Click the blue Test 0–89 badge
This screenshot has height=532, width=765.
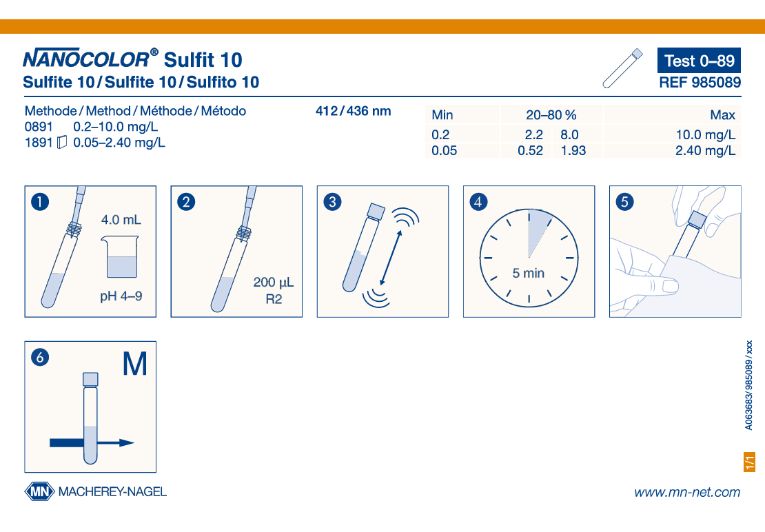pos(699,61)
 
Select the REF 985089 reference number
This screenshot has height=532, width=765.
pos(700,83)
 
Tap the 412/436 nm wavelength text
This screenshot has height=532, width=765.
pos(354,111)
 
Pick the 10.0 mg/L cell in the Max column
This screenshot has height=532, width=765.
pos(705,134)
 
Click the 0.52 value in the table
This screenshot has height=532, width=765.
pos(530,151)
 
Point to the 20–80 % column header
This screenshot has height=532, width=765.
pos(551,115)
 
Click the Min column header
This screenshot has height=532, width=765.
pos(442,115)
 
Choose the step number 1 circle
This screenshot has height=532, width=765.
pos(40,202)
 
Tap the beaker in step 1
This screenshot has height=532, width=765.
pos(121,256)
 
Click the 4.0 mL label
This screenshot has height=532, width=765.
pos(121,220)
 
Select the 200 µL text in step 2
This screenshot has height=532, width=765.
pos(273,283)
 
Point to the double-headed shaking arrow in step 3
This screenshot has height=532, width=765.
pos(391,258)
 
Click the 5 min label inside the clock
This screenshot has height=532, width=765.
pos(529,273)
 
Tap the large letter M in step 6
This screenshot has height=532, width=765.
pos(134,364)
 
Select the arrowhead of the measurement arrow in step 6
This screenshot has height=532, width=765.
pos(127,443)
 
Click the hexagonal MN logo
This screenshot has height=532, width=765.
pos(39,491)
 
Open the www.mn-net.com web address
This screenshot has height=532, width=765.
pos(687,493)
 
